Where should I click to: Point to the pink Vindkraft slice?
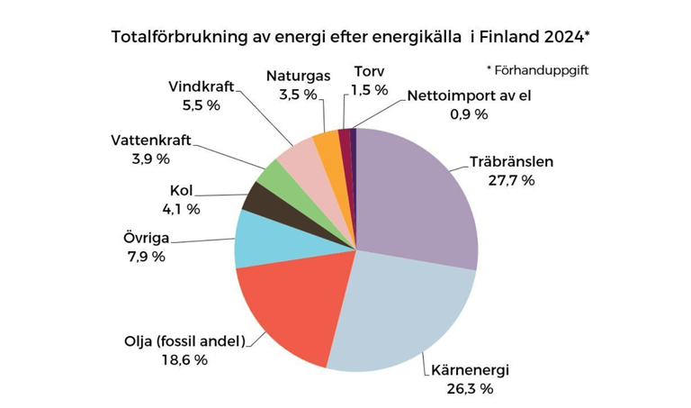(x=298, y=157)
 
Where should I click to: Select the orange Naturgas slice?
(x=326, y=143)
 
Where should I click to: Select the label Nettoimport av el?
(x=469, y=96)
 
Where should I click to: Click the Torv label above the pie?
(x=370, y=70)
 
